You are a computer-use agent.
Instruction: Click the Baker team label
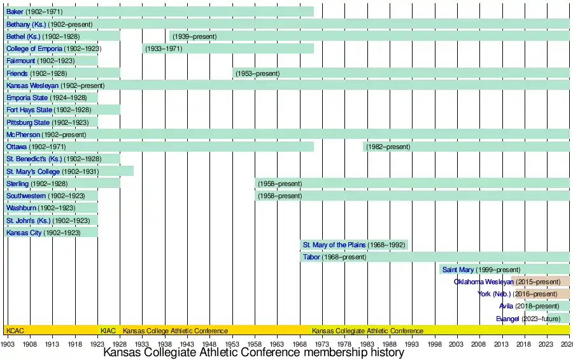tap(15, 12)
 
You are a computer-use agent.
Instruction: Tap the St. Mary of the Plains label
tap(334, 245)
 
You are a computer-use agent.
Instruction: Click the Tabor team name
tap(311, 257)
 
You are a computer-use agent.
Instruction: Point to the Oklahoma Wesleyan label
tap(483, 282)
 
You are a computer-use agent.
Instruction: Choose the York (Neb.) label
tap(494, 294)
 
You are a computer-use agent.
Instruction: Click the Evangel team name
tap(507, 319)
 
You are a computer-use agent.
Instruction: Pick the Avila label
tap(506, 306)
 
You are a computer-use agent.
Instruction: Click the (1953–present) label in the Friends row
tap(258, 74)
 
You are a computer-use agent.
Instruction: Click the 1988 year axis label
tap(390, 343)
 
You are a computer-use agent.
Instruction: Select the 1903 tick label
tap(8, 343)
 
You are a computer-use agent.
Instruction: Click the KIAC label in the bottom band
tap(108, 331)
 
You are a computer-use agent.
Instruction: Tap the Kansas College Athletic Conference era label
tap(175, 331)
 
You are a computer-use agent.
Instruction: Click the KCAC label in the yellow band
tap(14, 331)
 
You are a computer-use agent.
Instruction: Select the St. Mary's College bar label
tap(33, 172)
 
